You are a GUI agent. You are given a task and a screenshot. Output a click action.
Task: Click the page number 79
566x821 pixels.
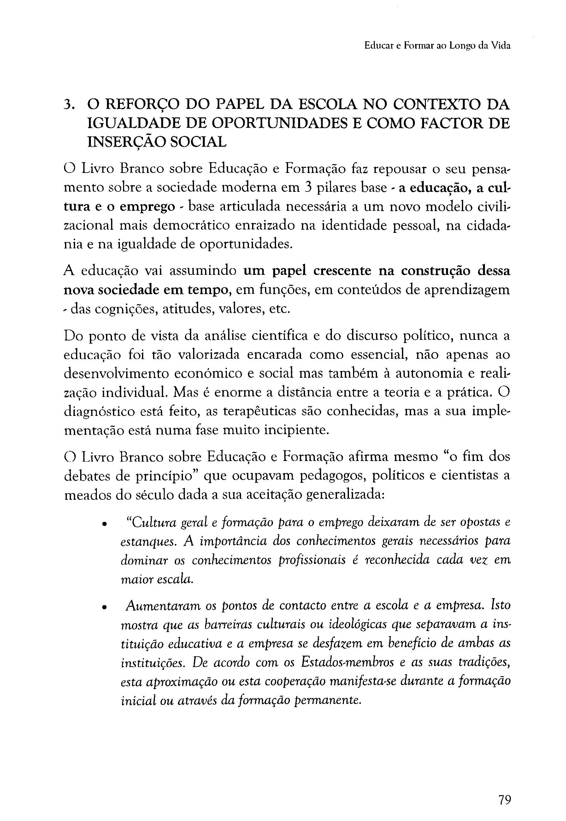click(x=504, y=790)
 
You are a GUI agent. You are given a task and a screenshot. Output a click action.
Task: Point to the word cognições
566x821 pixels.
click(x=114, y=309)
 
